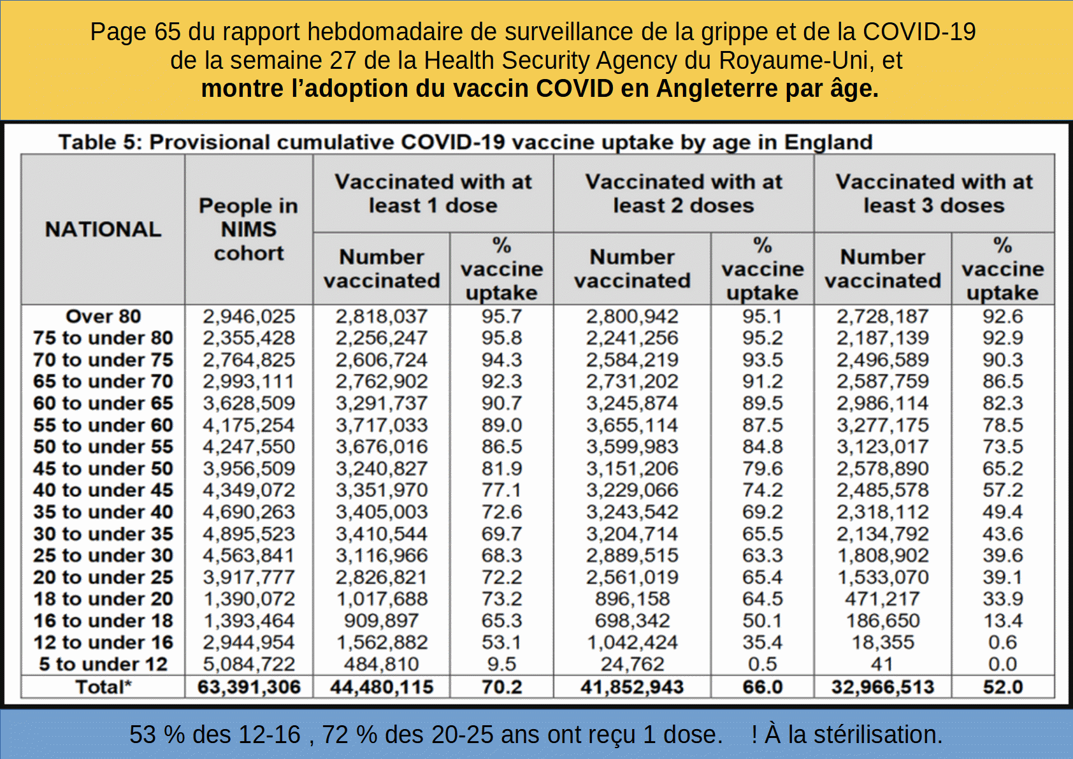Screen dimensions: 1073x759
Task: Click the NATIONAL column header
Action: click(103, 229)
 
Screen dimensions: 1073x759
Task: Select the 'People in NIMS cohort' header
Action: click(248, 229)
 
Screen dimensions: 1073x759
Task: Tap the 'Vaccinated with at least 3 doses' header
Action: click(934, 193)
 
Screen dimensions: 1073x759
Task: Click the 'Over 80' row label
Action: click(103, 316)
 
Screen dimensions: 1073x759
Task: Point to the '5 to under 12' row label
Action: click(103, 664)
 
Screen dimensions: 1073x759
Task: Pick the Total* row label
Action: click(103, 686)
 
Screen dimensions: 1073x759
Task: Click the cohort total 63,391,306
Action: click(249, 686)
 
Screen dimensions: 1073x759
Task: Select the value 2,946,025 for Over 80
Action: click(249, 316)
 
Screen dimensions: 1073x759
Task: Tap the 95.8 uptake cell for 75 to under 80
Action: click(501, 338)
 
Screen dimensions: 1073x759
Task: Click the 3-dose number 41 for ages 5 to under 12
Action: click(882, 664)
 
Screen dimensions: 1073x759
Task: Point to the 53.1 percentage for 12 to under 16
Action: click(501, 642)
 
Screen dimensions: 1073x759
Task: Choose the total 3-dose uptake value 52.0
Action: click(1003, 686)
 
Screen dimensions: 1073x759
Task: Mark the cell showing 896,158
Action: click(632, 598)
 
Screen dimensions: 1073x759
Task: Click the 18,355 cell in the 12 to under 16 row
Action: click(882, 642)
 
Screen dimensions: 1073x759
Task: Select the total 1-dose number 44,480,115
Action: click(382, 686)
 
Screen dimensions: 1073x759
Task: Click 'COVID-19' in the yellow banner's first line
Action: click(919, 32)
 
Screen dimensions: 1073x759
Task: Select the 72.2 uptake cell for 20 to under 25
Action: click(501, 577)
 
